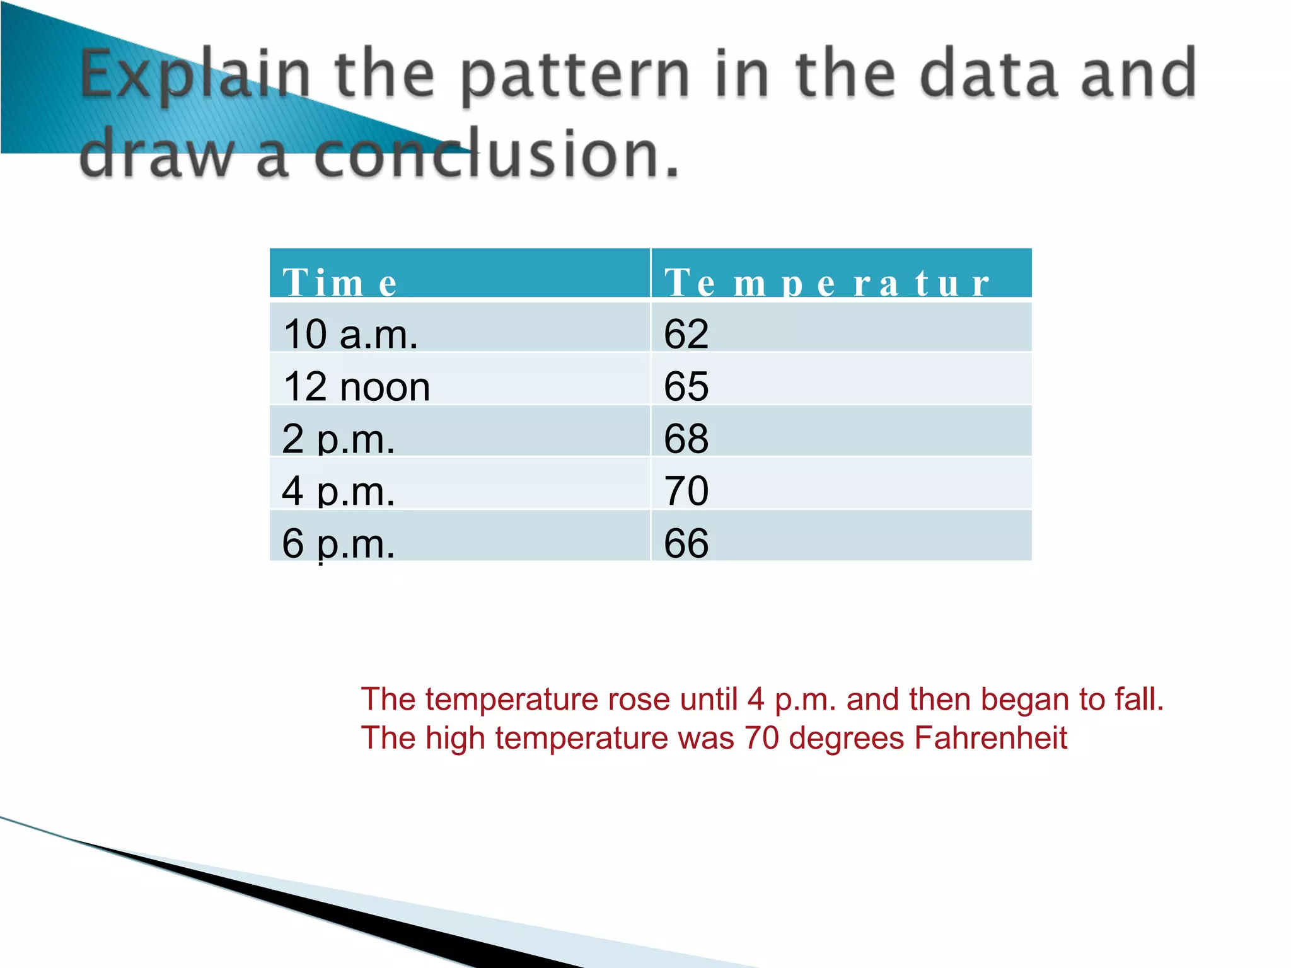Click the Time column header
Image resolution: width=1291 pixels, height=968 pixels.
340,282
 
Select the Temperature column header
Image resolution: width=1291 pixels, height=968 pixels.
826,282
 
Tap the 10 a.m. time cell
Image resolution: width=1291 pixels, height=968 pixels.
350,333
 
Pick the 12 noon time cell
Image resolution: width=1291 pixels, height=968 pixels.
357,386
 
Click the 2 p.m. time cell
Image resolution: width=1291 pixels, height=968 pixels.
339,438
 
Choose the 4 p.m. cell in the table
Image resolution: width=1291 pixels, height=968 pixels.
339,490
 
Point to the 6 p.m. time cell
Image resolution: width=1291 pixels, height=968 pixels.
339,543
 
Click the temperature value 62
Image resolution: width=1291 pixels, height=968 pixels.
686,333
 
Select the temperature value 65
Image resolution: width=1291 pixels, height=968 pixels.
686,386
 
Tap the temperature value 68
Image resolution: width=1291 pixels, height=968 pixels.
686,438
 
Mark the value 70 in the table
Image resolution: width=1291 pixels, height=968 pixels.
686,490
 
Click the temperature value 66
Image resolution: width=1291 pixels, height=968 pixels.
686,543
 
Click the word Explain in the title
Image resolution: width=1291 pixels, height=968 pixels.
196,76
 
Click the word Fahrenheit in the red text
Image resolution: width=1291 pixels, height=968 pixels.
990,737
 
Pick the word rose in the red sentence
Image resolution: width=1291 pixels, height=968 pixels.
639,699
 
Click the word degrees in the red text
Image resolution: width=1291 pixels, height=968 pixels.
846,737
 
